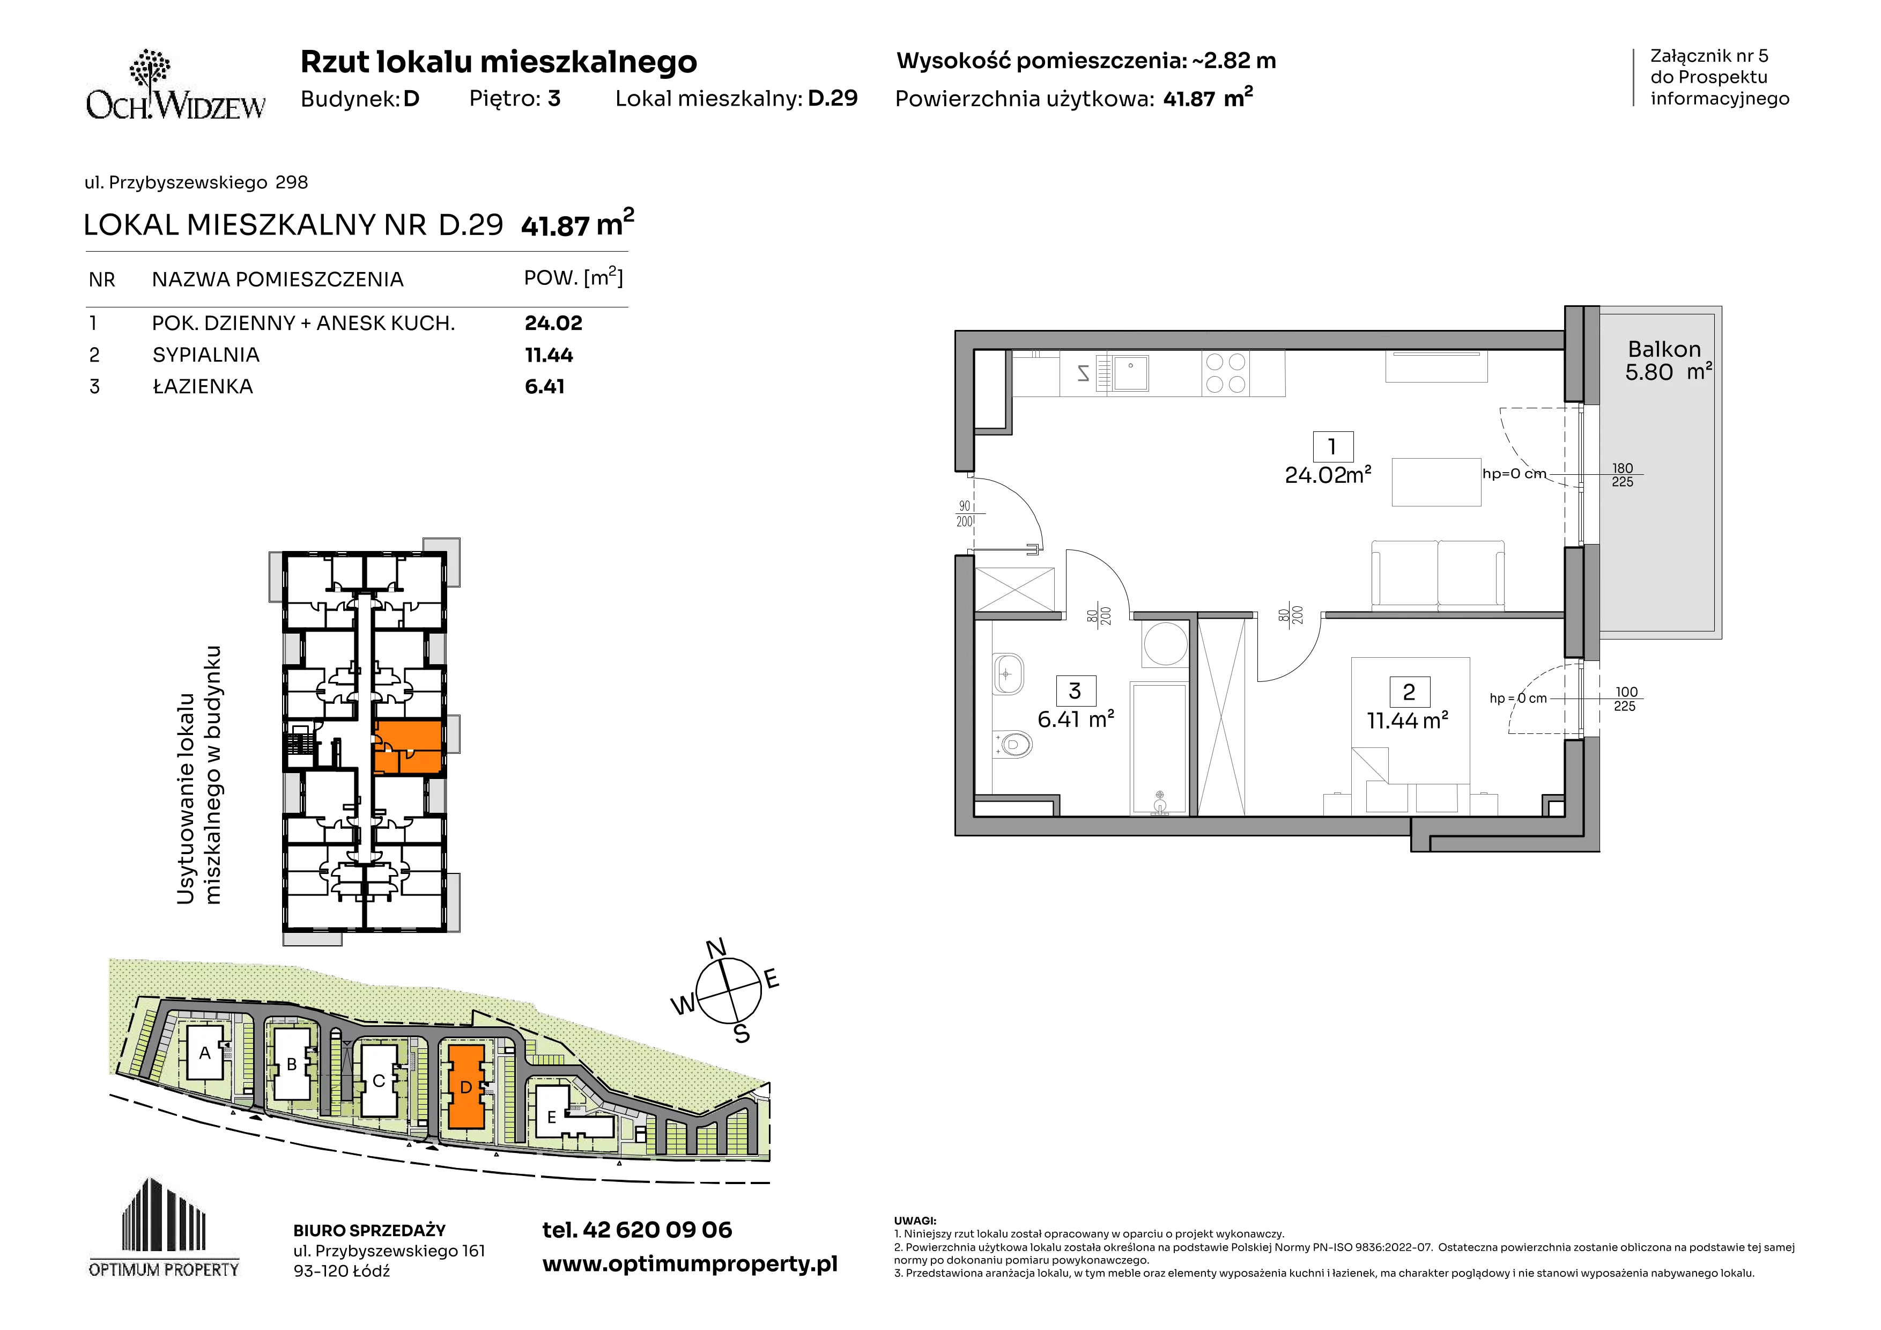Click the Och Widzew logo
tap(175, 85)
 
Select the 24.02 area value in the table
tap(553, 323)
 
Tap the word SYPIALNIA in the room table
tap(205, 355)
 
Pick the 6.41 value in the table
tap(545, 387)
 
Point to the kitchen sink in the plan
tap(1128, 373)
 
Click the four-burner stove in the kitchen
tap(1226, 373)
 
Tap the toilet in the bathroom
tap(1012, 745)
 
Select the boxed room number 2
tap(1409, 693)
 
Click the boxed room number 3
tap(1075, 691)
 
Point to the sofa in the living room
tap(1438, 575)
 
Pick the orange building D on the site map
tap(466, 1086)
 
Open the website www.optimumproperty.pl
tap(690, 1265)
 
